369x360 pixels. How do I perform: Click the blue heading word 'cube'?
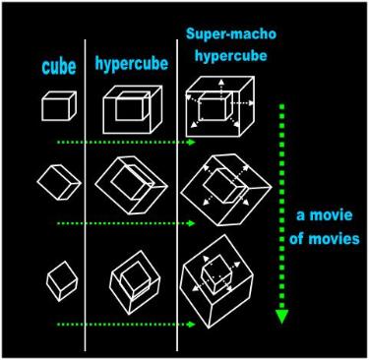(x=59, y=67)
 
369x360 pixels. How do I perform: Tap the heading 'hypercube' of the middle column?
(x=132, y=63)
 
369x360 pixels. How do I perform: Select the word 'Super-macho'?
(x=231, y=34)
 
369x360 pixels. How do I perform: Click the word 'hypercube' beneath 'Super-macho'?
(x=231, y=55)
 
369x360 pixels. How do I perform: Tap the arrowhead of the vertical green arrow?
(x=281, y=317)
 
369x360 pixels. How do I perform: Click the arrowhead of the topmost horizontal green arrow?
(x=192, y=142)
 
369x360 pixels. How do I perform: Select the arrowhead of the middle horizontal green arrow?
(x=192, y=223)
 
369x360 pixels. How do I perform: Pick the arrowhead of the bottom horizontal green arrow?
(x=192, y=325)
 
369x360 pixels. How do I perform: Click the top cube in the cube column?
(x=59, y=106)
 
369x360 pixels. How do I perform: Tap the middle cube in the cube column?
(x=59, y=182)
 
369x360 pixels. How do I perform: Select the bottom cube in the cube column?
(x=62, y=281)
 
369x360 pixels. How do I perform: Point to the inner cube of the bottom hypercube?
(x=136, y=278)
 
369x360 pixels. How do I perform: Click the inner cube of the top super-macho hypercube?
(x=215, y=106)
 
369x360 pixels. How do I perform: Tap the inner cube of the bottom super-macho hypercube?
(x=217, y=273)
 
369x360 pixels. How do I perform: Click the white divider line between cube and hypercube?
(x=85, y=195)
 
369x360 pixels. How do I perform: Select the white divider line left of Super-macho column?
(x=177, y=195)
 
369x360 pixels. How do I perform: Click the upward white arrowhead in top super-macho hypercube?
(x=221, y=82)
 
